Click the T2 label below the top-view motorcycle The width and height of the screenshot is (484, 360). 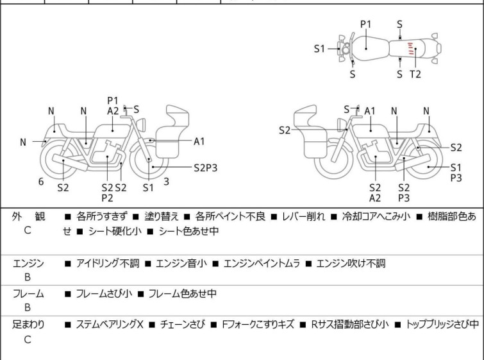pos(415,74)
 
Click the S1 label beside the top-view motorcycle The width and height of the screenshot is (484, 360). pos(320,48)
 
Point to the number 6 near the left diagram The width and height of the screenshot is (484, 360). pos(41,182)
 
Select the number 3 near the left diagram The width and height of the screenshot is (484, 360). pos(166,182)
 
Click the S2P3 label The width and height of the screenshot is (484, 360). pos(206,167)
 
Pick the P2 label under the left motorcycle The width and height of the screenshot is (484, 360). pos(107,198)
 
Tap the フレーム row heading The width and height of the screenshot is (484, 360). pos(28,294)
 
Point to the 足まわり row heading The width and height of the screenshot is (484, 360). pos(28,325)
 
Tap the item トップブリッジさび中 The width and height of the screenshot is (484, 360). pos(442,325)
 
